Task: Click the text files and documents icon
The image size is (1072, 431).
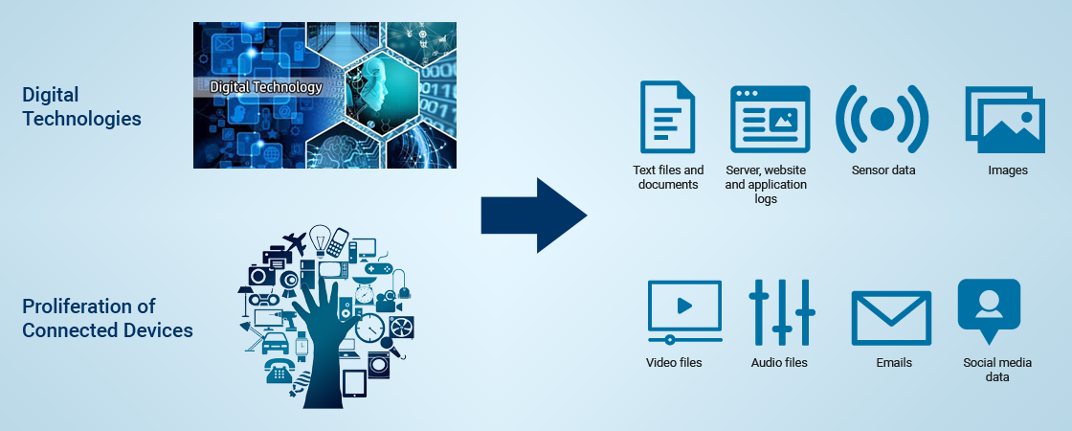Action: click(x=666, y=116)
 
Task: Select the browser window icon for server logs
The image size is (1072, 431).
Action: click(x=770, y=119)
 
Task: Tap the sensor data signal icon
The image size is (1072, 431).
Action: click(x=882, y=119)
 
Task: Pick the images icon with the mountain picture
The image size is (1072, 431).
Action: click(x=1005, y=120)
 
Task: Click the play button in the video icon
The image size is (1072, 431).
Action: click(x=684, y=306)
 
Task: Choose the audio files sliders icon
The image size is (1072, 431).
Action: click(x=781, y=312)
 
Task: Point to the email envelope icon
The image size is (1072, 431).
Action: click(x=891, y=318)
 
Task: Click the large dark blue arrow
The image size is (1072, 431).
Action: click(x=534, y=215)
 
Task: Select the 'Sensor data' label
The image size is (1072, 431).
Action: click(x=883, y=170)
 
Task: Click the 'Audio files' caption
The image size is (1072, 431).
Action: click(x=779, y=363)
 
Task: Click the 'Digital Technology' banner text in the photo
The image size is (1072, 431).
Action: click(x=265, y=87)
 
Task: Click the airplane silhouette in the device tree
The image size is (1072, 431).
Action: click(x=295, y=242)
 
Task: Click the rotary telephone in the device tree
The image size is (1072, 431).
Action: click(x=279, y=372)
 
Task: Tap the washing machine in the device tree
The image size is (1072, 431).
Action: click(x=378, y=365)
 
